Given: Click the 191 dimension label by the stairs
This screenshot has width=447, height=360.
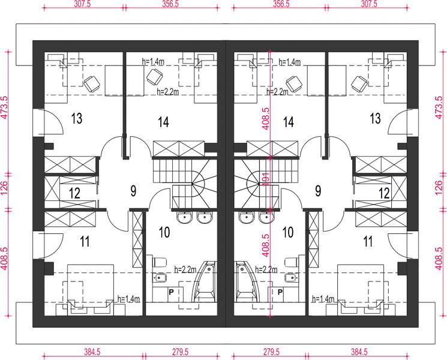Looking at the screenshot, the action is pos(266,179).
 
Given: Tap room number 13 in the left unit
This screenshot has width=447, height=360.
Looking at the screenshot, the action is pos(77,118).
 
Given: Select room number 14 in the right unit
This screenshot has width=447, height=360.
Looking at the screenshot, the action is pos(288,122).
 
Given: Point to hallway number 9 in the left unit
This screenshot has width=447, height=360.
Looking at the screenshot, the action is pos(133,191).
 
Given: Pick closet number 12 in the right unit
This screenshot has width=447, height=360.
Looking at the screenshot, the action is pos(384,193).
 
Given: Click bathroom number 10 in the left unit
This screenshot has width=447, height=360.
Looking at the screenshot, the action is pos(164,232).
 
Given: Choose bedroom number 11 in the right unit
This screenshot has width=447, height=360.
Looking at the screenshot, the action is pos(368,241).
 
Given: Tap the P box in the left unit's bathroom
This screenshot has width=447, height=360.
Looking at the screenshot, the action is pos(172,292).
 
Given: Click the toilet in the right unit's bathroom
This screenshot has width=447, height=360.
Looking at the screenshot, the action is pos(292,262).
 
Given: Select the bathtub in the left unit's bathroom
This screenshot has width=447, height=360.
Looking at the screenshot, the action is pos(205,281).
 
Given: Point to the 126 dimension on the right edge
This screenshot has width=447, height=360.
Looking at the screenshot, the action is pos(439,188).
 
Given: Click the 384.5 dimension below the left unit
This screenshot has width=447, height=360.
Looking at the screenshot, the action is pos(92,352).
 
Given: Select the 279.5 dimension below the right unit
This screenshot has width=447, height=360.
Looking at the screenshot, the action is pos(271,352).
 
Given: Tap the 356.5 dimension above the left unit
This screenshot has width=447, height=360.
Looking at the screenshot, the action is pos(170,4).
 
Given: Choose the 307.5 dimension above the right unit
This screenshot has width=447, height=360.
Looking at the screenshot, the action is pos(369,4).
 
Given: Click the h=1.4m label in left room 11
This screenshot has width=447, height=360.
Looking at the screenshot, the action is pos(128,299).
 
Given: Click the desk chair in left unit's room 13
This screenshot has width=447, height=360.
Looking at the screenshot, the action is pos(92,84).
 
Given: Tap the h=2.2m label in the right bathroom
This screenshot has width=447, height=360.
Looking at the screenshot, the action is pos(266,269).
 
